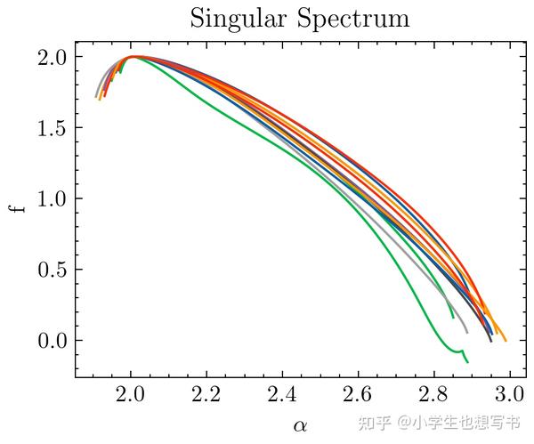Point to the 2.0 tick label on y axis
point(53,57)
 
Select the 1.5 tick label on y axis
point(53,128)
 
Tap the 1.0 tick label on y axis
point(53,199)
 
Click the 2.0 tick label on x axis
point(132,396)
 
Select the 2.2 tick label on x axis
point(207,396)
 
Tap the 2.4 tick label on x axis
point(283,396)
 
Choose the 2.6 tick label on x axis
point(359,396)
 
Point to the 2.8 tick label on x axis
point(434,396)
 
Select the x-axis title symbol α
point(300,426)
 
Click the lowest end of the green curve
point(467,361)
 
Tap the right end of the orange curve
point(505,340)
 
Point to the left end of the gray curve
point(96,96)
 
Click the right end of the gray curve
point(466,332)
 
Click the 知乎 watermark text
point(375,421)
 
